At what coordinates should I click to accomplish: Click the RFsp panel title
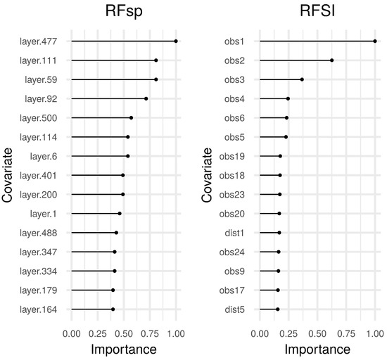coord(124,15)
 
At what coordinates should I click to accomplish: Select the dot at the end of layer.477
coord(176,41)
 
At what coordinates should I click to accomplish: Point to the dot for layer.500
coord(131,117)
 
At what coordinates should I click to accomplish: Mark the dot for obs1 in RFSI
coord(375,41)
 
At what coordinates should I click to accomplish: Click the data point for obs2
coord(332,60)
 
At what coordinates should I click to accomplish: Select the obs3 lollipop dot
coord(302,79)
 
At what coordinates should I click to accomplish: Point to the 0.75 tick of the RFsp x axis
coord(149,328)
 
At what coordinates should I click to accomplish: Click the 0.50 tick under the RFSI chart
coord(317,328)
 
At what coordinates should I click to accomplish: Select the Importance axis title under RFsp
coord(124,348)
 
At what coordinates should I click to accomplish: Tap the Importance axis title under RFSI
coord(317,348)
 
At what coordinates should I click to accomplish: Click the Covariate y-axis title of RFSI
coord(208,176)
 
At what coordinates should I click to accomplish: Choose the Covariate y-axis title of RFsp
coord(9,176)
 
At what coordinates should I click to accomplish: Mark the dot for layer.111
coord(156,60)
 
